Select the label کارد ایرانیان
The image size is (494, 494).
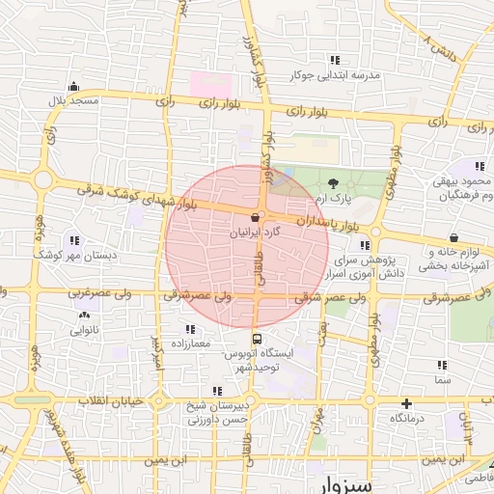pos(255,233)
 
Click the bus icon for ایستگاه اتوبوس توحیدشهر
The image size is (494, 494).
pos(257,339)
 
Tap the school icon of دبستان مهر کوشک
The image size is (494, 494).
pos(74,240)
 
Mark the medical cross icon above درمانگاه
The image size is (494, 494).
pos(406,403)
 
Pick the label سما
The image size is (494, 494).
pos(443,381)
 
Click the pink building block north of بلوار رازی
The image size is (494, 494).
pos(210,83)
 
